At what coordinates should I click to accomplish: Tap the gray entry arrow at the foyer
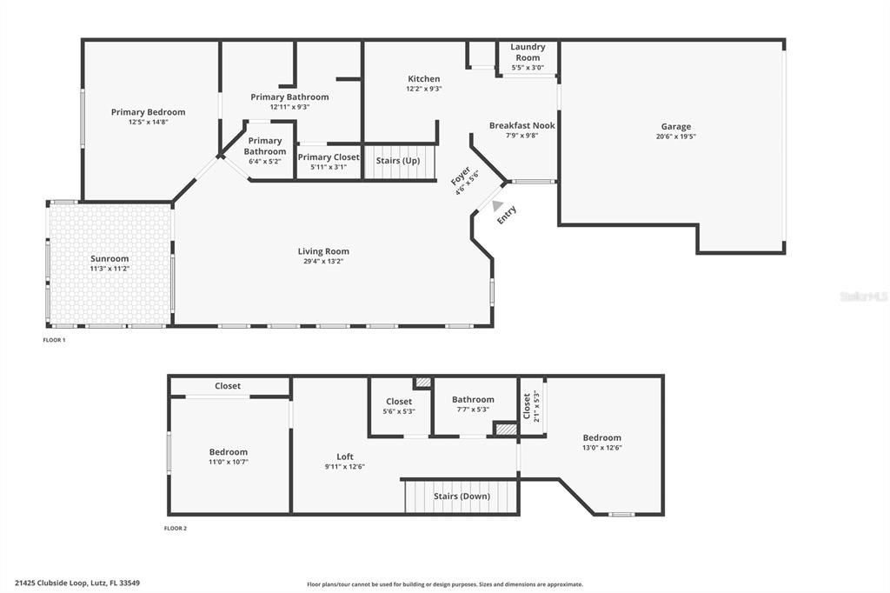pyautogui.click(x=497, y=207)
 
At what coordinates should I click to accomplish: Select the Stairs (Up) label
pyautogui.click(x=397, y=161)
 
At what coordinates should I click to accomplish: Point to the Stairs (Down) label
pyautogui.click(x=462, y=496)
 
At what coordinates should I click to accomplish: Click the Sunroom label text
pyautogui.click(x=110, y=258)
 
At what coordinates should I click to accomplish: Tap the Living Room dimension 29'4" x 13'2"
pyautogui.click(x=323, y=261)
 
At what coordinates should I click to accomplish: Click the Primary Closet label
pyautogui.click(x=328, y=157)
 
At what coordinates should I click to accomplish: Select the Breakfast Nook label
pyautogui.click(x=521, y=125)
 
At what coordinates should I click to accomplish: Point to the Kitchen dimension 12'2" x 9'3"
pyautogui.click(x=423, y=89)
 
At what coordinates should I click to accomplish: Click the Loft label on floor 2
pyautogui.click(x=345, y=456)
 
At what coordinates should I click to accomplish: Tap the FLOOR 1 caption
pyautogui.click(x=54, y=340)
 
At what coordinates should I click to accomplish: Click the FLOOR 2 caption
pyautogui.click(x=176, y=528)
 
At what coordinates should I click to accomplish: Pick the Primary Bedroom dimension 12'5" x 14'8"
pyautogui.click(x=148, y=122)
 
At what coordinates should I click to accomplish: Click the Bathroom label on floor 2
pyautogui.click(x=473, y=400)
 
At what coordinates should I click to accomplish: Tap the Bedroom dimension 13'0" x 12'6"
pyautogui.click(x=601, y=448)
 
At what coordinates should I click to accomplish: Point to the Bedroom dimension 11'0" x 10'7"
pyautogui.click(x=228, y=462)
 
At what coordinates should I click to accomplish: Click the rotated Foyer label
pyautogui.click(x=460, y=176)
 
